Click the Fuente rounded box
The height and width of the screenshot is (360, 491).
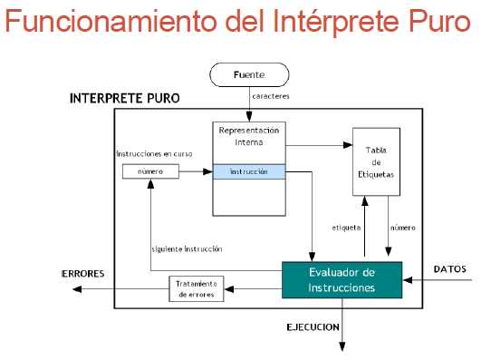(x=249, y=73)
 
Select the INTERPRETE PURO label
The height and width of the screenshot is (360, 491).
(x=124, y=98)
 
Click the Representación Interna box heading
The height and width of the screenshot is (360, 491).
(x=249, y=135)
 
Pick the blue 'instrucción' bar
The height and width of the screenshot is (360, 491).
(x=249, y=171)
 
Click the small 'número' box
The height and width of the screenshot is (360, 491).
(x=150, y=171)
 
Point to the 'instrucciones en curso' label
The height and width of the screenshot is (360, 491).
(x=154, y=153)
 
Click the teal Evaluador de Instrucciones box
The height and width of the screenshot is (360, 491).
(x=340, y=279)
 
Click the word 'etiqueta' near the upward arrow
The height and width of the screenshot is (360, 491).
(x=347, y=228)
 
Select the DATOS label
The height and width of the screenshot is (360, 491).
(x=450, y=269)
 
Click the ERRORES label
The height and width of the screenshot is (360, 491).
(x=84, y=273)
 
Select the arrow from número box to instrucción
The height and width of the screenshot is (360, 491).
(x=196, y=171)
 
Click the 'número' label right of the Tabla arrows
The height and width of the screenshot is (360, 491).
(x=402, y=228)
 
